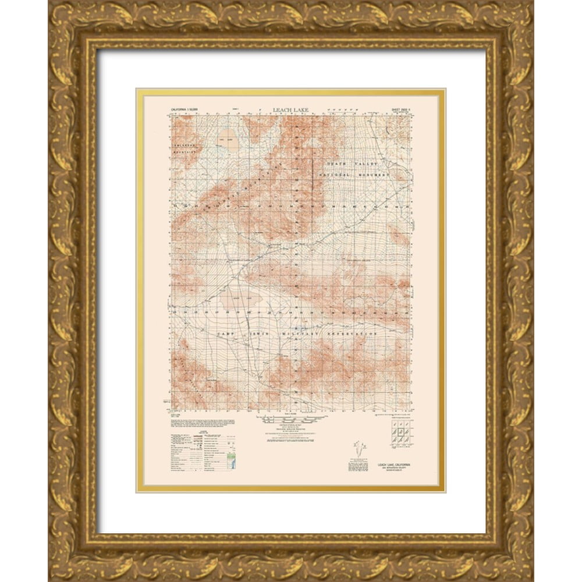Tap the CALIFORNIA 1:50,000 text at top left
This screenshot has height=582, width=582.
187,109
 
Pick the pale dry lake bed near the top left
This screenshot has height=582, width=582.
229,140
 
